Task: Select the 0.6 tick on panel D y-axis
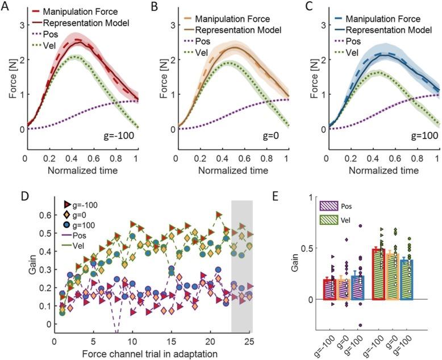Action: pyautogui.click(x=39, y=215)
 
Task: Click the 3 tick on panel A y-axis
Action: pyautogui.click(x=21, y=26)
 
